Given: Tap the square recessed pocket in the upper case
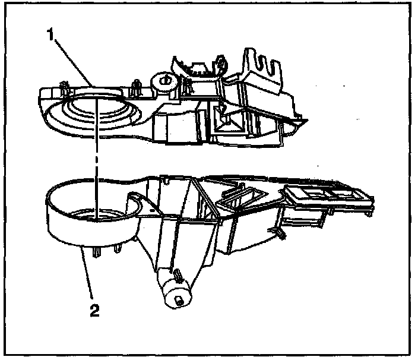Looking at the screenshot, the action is (226, 122).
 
